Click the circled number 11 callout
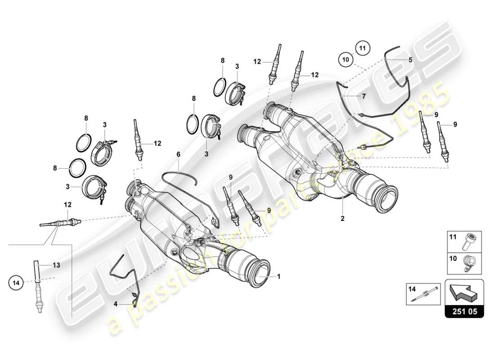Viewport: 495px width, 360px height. click(363, 47)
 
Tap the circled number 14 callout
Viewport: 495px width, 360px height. click(16, 283)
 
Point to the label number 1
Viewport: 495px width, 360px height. click(279, 277)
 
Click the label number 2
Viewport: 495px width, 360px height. click(342, 219)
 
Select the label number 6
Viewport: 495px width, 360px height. click(178, 154)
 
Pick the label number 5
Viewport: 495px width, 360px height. click(410, 59)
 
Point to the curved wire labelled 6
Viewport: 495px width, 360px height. click(180, 173)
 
